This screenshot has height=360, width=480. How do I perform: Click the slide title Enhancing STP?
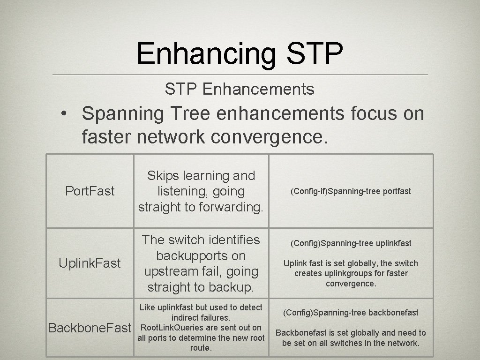240,53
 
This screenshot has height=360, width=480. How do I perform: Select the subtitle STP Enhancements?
240,89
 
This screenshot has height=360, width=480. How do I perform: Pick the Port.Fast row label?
90,191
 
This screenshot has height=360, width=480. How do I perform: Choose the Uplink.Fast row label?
90,263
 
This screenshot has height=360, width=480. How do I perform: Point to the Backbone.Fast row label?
90,328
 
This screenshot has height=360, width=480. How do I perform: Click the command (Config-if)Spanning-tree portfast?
351,191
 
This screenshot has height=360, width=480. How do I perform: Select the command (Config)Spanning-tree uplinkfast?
351,243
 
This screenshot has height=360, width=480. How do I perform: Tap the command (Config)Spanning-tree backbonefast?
351,313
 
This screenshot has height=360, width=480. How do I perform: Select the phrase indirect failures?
201,318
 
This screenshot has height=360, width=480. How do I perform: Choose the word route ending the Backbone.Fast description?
200,348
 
